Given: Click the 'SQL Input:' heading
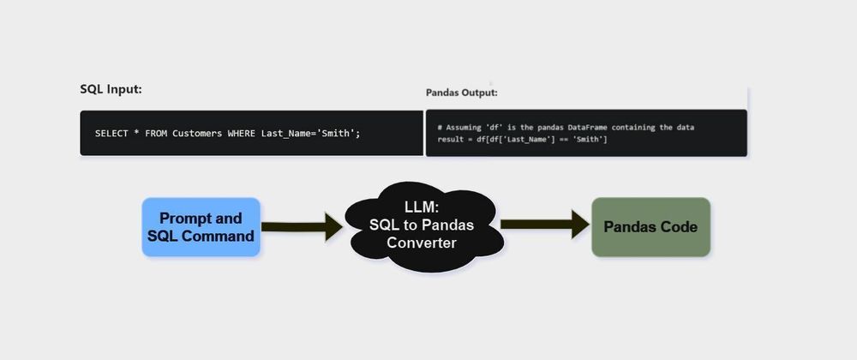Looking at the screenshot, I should click(111, 89).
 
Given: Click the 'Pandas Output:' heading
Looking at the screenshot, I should click(461, 93).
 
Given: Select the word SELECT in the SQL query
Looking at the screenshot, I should click(111, 133).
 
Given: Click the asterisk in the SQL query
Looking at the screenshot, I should click(136, 133).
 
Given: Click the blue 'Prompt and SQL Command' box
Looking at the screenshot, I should click(201, 227).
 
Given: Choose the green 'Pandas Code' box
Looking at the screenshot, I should click(650, 227).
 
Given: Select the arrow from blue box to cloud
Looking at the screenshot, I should click(301, 227).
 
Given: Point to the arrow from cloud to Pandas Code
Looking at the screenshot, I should click(543, 225).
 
